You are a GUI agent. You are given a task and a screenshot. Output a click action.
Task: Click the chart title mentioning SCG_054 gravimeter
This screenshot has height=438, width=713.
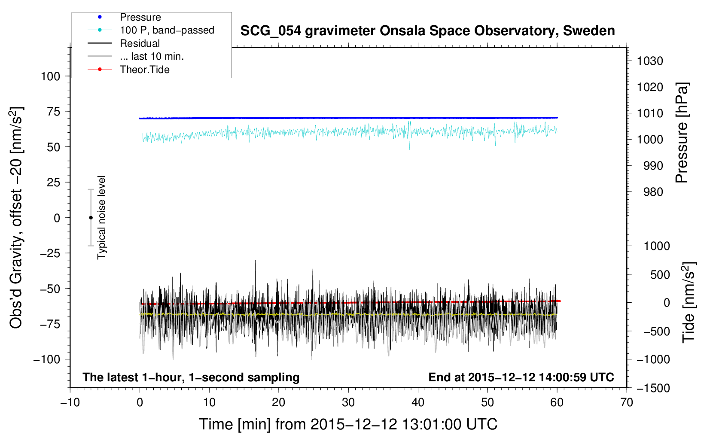(427, 31)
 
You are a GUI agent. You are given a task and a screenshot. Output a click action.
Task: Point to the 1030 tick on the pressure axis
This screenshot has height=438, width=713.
(650, 61)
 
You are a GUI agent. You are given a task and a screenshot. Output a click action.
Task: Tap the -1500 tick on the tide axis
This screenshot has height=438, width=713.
(653, 388)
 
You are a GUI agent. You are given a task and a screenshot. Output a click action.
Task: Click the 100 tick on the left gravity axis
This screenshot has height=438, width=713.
(50, 76)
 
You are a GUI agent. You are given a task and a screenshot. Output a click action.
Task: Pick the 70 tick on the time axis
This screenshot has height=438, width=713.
(627, 402)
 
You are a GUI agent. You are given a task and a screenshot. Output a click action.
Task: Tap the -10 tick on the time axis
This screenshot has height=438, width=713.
(70, 402)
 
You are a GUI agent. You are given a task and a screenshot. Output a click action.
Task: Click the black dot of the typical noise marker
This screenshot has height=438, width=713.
(91, 218)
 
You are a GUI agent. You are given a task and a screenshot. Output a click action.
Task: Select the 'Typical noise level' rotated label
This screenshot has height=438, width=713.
(101, 218)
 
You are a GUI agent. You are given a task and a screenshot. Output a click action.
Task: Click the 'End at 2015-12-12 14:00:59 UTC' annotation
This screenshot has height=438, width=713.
(521, 377)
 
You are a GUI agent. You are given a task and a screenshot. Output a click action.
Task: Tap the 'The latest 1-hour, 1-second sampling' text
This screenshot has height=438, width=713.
(191, 377)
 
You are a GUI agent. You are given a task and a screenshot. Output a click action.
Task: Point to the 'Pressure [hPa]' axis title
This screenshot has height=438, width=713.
(682, 133)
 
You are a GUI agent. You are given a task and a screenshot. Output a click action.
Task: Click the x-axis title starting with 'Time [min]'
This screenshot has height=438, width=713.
(348, 425)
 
